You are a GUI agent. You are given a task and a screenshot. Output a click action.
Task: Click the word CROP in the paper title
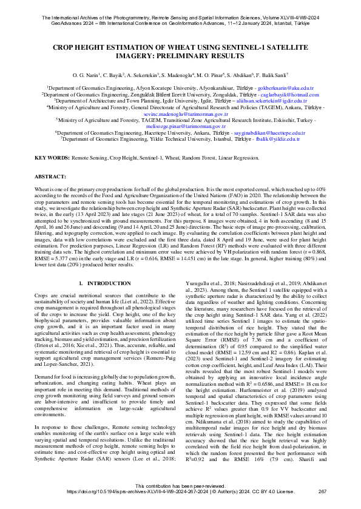click(66, 47)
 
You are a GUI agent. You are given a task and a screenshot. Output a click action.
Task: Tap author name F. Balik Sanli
click(251, 74)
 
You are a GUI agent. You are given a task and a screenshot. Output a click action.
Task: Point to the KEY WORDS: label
click(51, 158)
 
